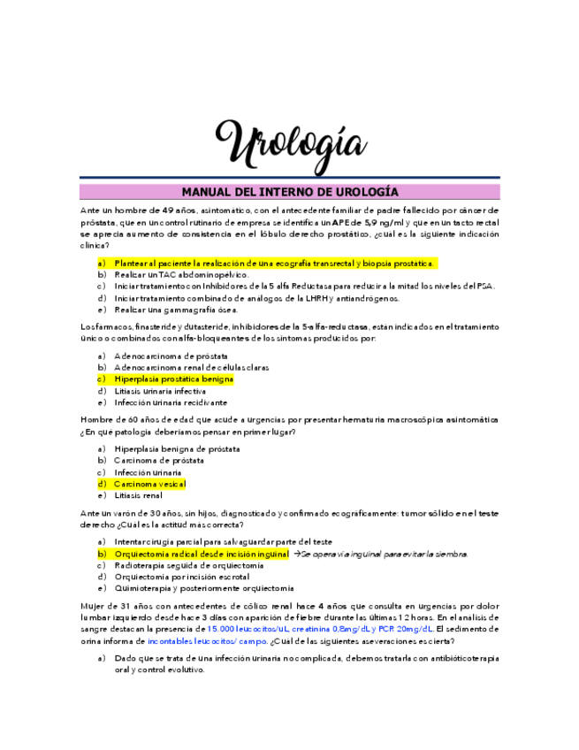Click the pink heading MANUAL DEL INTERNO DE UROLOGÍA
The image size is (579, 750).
point(290,191)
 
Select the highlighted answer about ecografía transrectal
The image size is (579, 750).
point(274,264)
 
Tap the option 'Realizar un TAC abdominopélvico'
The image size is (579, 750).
point(178,275)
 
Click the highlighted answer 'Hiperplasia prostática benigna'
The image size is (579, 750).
point(173,379)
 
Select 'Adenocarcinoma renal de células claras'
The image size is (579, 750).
point(191,367)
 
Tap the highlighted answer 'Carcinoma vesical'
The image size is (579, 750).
point(149,484)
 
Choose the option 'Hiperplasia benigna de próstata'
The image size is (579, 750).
point(177,448)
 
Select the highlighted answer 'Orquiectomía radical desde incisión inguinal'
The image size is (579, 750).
point(201,554)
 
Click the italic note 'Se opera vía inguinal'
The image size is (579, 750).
point(385,554)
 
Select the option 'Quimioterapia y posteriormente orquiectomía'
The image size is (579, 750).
point(203,588)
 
